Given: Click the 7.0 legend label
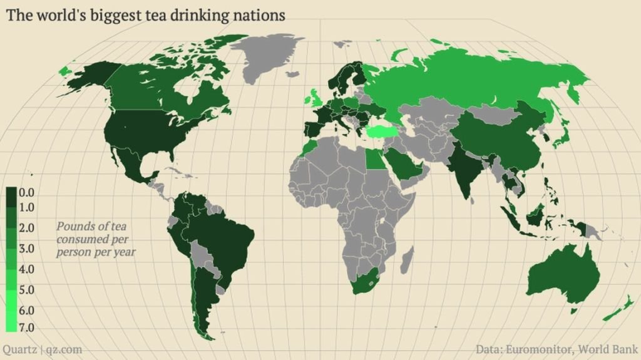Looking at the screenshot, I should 26,327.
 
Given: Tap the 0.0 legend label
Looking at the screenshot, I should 26,193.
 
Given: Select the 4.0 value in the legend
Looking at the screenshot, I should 26,269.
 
